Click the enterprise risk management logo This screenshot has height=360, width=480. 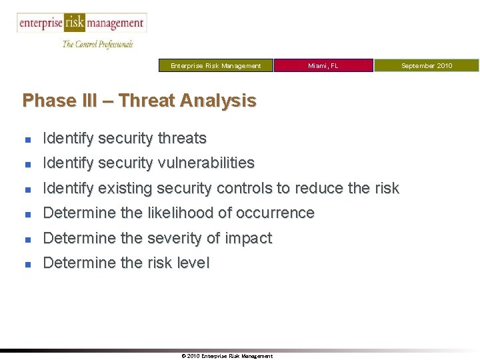pos(81,23)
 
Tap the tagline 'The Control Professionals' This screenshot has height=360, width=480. pos(97,44)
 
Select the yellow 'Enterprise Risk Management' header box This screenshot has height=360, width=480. pos(215,65)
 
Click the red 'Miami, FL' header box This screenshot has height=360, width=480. pos(323,65)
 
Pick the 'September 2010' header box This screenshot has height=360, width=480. pos(426,65)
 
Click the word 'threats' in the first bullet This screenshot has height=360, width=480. pos(182,139)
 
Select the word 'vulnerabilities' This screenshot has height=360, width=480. pos(206,163)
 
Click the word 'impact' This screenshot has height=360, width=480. pos(249,238)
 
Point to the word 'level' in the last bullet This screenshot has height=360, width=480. pos(192,263)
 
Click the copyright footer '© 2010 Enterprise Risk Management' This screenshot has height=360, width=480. pos(227,356)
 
